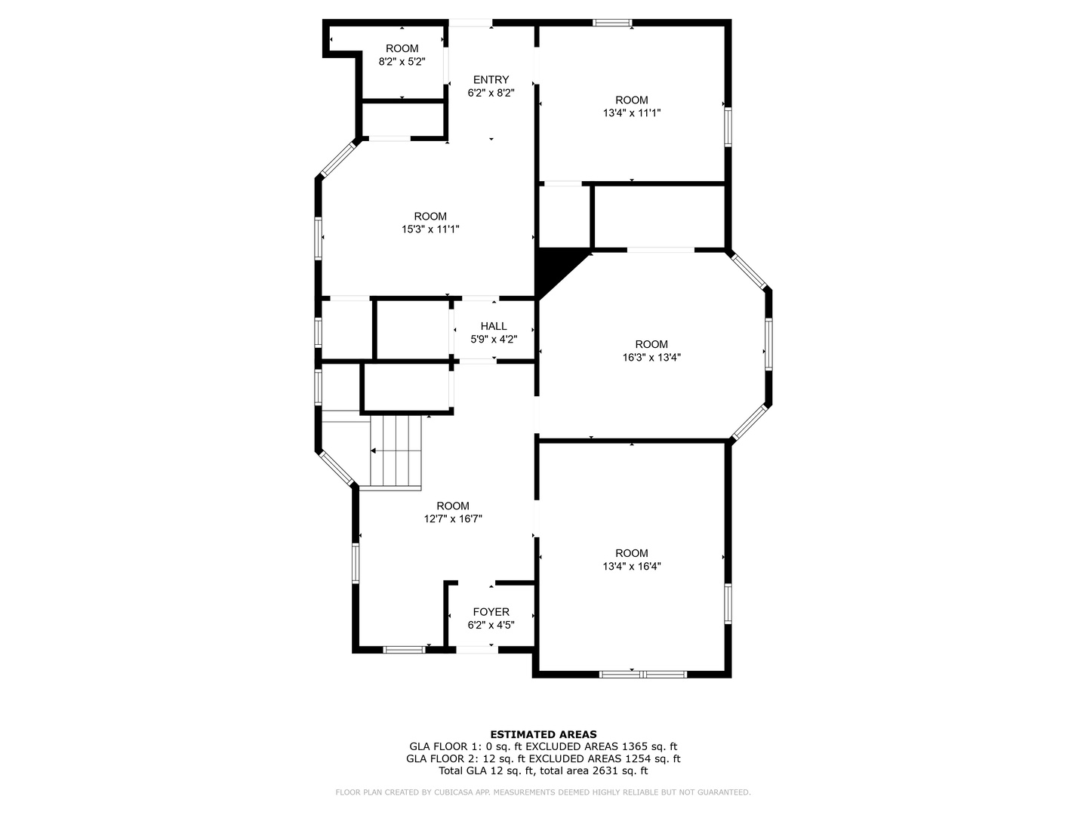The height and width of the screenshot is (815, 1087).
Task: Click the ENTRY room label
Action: (x=491, y=80)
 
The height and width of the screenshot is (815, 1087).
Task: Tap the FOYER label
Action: (x=491, y=612)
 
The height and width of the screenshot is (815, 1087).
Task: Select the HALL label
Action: (x=494, y=326)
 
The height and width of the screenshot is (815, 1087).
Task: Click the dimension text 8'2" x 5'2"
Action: (x=402, y=62)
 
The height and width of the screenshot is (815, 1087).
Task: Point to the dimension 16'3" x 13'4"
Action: (x=651, y=358)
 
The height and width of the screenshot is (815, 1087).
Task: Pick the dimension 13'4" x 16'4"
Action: (x=632, y=566)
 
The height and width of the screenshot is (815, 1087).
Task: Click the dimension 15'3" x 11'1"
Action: (x=430, y=229)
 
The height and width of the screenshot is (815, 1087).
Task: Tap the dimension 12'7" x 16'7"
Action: (x=453, y=519)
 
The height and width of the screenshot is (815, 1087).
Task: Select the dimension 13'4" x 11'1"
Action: (x=632, y=113)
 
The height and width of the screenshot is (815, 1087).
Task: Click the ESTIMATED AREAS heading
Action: (x=543, y=734)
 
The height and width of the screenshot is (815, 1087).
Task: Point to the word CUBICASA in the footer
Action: (x=451, y=792)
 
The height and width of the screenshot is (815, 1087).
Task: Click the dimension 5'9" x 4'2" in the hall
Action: (x=494, y=340)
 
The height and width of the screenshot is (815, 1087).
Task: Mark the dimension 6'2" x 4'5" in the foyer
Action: (x=491, y=626)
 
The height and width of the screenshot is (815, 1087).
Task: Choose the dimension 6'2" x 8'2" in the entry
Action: (x=491, y=94)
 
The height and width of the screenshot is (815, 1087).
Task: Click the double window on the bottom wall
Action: (x=643, y=673)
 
